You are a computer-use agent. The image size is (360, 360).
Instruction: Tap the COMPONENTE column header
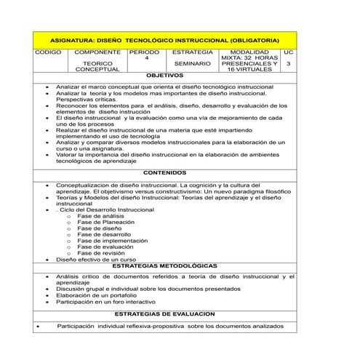pos(97,53)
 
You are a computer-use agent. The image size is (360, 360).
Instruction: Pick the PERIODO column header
pos(145,53)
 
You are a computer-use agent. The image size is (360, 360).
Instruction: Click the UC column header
pos(289,53)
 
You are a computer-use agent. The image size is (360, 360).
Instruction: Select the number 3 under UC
pos(289,64)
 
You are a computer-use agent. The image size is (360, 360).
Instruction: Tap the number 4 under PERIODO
pos(145,59)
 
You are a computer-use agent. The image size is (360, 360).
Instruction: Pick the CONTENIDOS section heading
pos(164,173)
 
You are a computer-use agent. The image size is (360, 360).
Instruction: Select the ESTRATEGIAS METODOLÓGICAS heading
pos(164,266)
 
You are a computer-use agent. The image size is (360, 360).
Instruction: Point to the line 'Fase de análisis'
pos(101,216)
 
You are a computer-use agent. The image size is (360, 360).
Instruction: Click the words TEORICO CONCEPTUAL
pos(97,67)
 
